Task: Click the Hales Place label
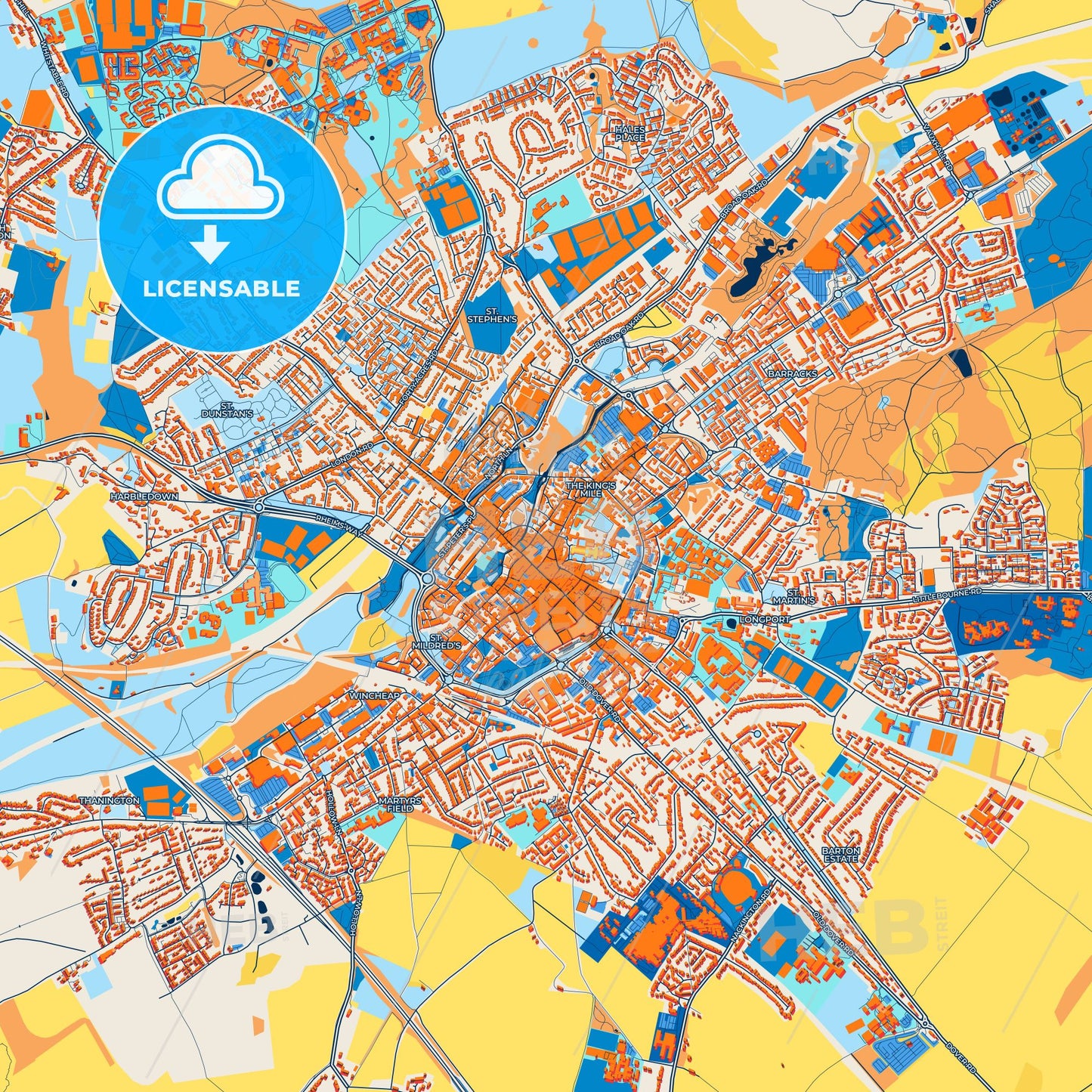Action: pos(630,134)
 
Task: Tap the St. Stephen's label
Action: pos(492,315)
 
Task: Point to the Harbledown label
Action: pos(144,497)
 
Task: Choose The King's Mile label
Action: pos(592,488)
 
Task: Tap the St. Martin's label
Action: pos(800,596)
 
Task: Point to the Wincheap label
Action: pos(373,694)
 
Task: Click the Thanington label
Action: pos(109,800)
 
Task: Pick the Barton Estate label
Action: pos(840,855)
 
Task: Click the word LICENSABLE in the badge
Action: pos(222,289)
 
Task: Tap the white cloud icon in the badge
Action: pos(221,180)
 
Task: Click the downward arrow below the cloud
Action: pos(210,244)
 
